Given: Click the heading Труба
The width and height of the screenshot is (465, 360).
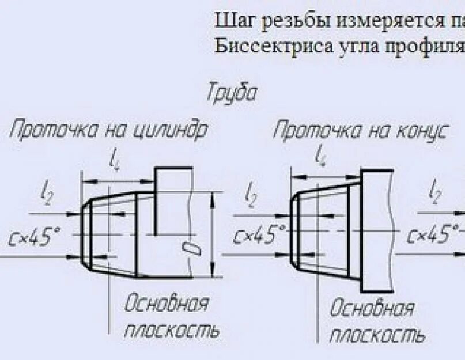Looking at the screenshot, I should click(x=232, y=93).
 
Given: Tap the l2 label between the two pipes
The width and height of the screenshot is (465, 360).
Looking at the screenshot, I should click(x=251, y=194).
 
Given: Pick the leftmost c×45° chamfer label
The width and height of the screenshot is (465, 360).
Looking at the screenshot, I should click(x=34, y=236).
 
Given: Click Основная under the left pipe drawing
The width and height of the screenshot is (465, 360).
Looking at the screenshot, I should click(x=167, y=304).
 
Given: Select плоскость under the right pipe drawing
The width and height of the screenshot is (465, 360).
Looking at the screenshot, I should click(x=379, y=334).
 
